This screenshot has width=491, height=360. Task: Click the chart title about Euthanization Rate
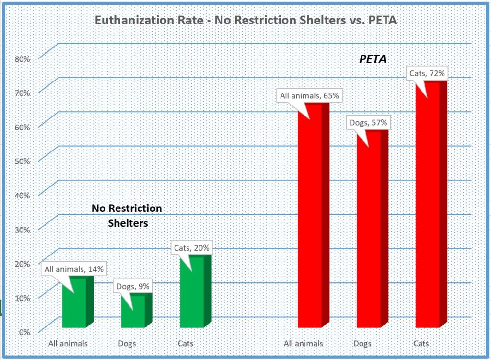pyautogui.click(x=245, y=21)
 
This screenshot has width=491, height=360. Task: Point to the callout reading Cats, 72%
pyautogui.click(x=428, y=74)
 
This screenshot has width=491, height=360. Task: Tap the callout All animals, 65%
pyautogui.click(x=309, y=96)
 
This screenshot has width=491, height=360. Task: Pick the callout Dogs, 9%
pyautogui.click(x=133, y=287)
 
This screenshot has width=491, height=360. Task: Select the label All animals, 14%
pyautogui.click(x=73, y=269)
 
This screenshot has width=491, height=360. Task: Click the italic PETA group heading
pyautogui.click(x=373, y=60)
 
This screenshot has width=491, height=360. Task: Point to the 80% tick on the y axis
pyautogui.click(x=23, y=59)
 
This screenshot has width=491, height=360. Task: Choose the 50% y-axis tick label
pyautogui.click(x=23, y=161)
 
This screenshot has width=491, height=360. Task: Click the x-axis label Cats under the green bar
pyautogui.click(x=186, y=344)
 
